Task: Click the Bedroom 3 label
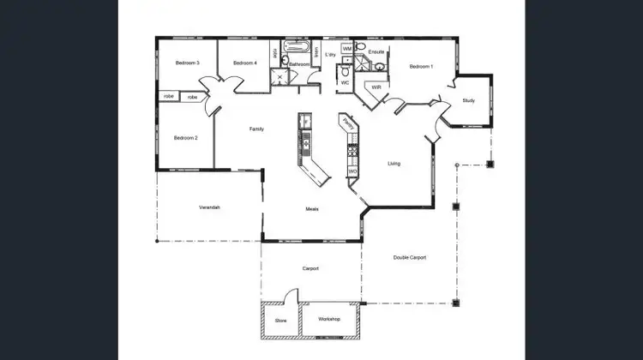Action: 187,63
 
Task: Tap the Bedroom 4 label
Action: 244,63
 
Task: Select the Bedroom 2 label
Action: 186,138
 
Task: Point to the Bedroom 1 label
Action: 421,67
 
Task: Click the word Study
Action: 468,100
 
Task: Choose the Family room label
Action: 256,129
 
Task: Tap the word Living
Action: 394,164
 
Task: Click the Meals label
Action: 313,209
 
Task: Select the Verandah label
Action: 210,207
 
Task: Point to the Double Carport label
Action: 410,257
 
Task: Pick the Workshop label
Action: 329,320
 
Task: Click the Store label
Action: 280,321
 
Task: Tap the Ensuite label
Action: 376,52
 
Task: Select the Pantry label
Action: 347,124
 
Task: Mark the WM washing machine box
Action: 347,49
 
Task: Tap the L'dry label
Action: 331,55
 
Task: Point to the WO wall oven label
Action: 352,171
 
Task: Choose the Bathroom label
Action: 299,64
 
